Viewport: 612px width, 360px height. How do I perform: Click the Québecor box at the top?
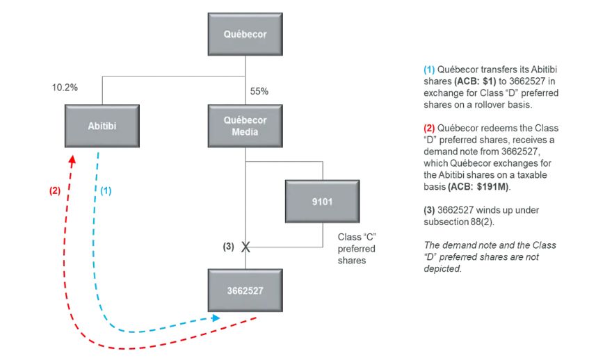tap(244, 34)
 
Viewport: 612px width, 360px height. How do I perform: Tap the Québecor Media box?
tap(244, 126)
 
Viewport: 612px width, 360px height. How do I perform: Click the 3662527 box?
tap(244, 290)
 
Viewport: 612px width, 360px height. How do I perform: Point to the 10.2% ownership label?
tap(65, 88)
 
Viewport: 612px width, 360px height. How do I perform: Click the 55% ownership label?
tap(259, 91)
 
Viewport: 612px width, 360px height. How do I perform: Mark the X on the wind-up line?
tap(245, 246)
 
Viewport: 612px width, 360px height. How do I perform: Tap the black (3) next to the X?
tap(229, 246)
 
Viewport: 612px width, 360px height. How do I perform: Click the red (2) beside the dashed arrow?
tap(54, 190)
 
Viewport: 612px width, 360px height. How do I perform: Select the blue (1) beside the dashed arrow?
tap(106, 190)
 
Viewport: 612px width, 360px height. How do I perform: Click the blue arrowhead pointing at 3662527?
tap(216, 317)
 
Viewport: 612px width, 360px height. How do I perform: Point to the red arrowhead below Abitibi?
tap(72, 159)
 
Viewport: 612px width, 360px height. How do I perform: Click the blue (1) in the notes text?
tap(430, 69)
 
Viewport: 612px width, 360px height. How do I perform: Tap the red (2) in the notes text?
tap(430, 129)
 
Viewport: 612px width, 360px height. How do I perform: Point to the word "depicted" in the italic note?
tap(442, 268)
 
